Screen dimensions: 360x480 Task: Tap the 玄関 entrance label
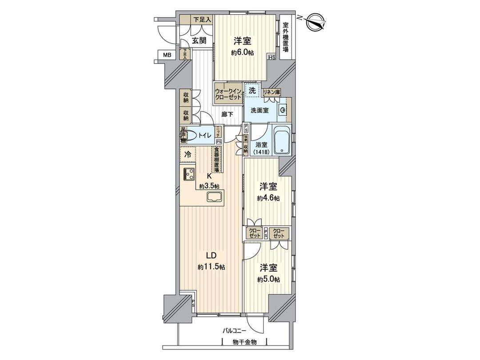[x=199, y=40]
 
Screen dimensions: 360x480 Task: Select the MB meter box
[x=167, y=55]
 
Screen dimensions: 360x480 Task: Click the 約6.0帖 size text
[x=243, y=52]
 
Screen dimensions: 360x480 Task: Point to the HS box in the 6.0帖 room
[x=272, y=57]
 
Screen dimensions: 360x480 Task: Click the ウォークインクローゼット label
[x=228, y=94]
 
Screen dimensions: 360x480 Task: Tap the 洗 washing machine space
[x=252, y=90]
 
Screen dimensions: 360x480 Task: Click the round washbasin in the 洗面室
[x=282, y=110]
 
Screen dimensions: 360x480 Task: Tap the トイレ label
[x=204, y=135]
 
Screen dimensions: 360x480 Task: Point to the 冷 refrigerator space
[x=188, y=155]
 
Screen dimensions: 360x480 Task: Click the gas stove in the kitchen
[x=188, y=173]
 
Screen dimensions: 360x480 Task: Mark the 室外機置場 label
[x=286, y=36]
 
